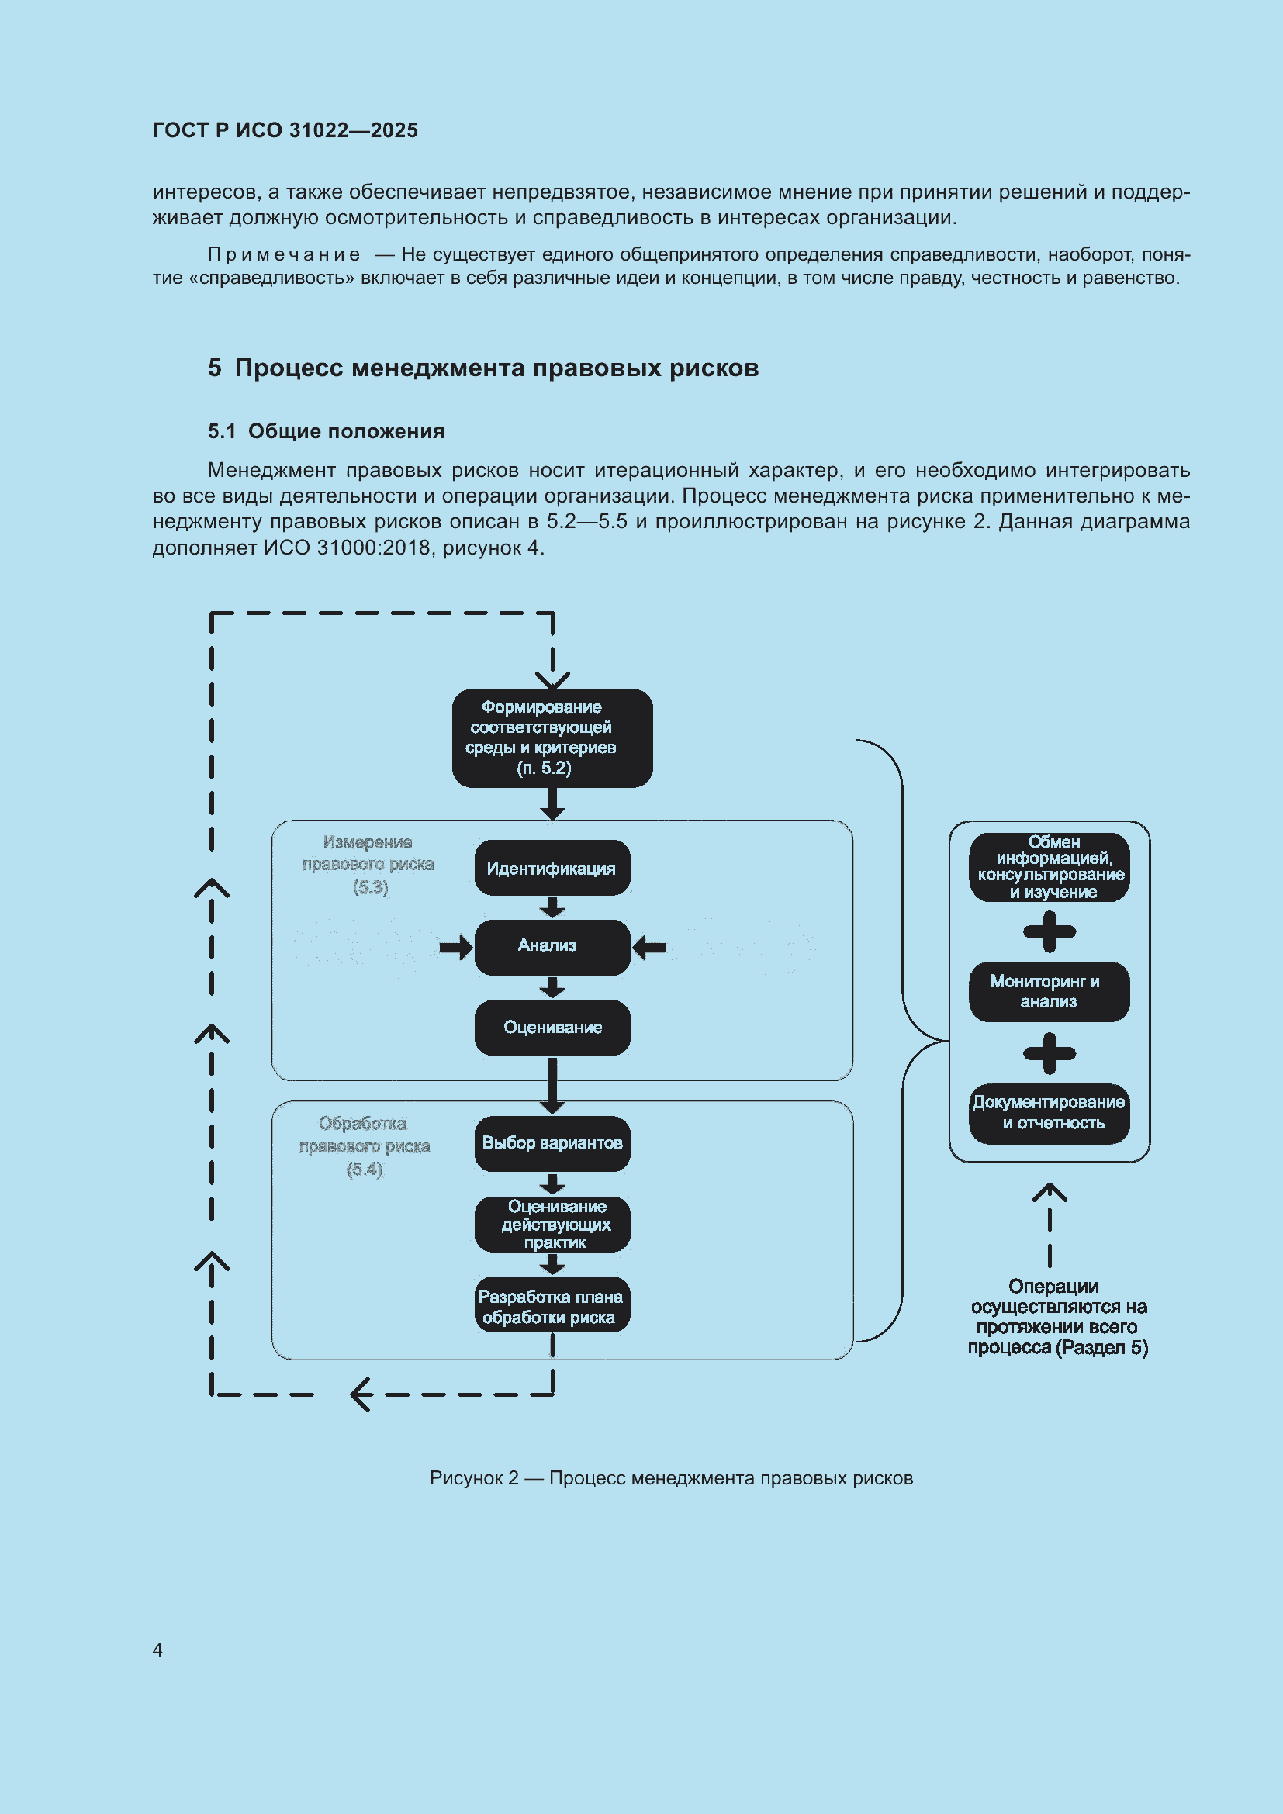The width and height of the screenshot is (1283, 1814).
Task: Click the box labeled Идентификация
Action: coord(552,868)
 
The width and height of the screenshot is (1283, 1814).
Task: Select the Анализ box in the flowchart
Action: coord(552,946)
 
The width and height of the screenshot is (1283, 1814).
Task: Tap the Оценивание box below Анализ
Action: coord(552,1027)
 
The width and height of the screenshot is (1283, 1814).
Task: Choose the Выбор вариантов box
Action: coord(552,1143)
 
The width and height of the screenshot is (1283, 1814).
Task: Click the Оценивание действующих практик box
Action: coord(552,1224)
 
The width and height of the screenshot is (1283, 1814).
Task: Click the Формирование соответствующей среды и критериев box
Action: coord(552,738)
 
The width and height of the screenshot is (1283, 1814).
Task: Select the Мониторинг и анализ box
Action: coord(1050,992)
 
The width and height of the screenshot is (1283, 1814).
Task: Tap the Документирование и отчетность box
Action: coord(1050,1113)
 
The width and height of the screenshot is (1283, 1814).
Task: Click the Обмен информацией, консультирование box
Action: coord(1050,868)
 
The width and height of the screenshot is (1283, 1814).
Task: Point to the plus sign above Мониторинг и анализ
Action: coord(1050,931)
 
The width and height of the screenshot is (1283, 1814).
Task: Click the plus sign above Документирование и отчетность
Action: coord(1050,1053)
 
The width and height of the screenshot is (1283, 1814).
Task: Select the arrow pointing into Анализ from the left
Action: coord(456,946)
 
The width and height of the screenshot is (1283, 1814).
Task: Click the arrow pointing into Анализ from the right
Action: coord(649,946)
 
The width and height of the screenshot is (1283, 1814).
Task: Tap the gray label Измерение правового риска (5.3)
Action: coord(368,864)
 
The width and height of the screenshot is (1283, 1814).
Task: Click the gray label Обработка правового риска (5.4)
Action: coord(365,1145)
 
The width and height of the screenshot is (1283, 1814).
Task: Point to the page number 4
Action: coord(157,1650)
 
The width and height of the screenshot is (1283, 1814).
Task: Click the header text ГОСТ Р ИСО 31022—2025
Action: coord(285,130)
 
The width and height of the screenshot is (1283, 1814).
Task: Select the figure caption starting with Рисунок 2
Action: coord(672,1478)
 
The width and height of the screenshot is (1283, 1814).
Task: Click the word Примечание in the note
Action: coord(285,254)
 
